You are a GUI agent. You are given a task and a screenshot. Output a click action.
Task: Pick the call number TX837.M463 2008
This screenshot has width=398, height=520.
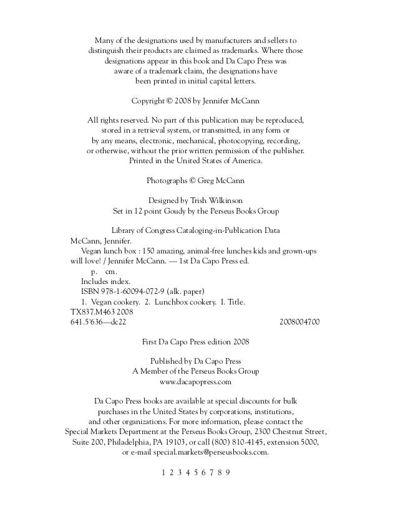point(100,312)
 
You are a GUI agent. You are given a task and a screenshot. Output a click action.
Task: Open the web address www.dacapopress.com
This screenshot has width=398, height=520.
point(196,381)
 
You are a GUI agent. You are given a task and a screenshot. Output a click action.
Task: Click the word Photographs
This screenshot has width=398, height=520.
point(167,181)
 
